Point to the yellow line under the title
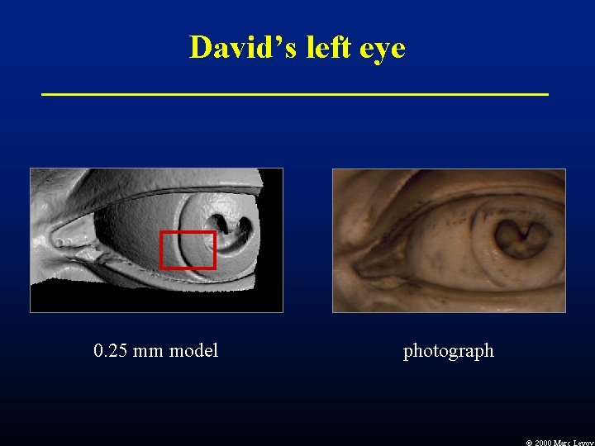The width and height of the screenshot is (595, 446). click(x=295, y=95)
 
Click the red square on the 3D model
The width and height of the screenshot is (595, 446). click(x=188, y=250)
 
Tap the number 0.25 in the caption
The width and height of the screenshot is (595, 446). click(x=110, y=351)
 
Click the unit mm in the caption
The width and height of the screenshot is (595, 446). click(x=148, y=351)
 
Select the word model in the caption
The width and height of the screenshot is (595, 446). click(x=193, y=351)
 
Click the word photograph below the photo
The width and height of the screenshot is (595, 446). click(x=448, y=351)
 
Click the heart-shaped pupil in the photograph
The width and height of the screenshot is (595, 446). click(x=521, y=239)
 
